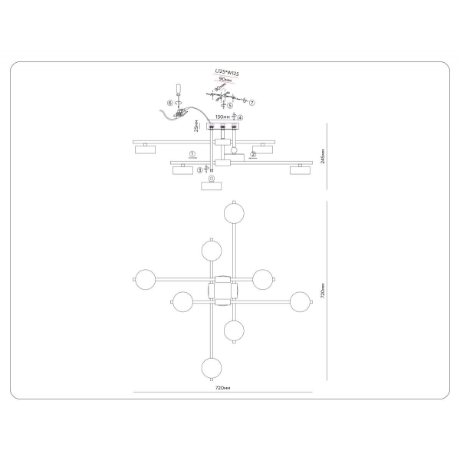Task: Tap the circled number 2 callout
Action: coord(253,154)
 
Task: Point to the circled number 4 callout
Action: coord(241,118)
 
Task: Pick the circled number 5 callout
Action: coord(219,106)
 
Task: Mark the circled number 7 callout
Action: coord(253,101)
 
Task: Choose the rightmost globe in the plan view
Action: coord(301,301)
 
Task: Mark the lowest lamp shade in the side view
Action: coord(210,185)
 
